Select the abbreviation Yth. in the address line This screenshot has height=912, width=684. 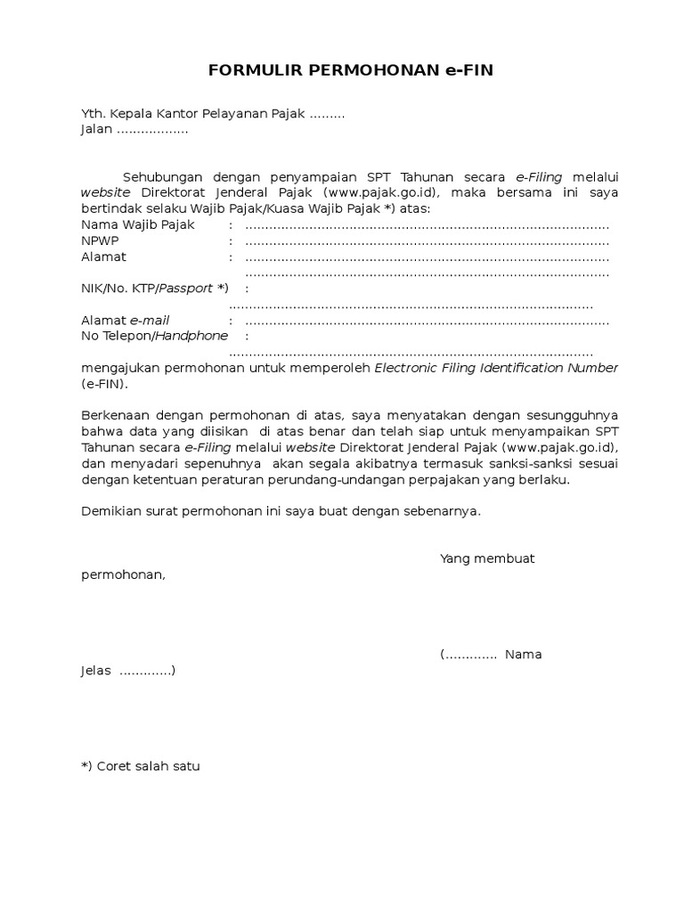pos(94,114)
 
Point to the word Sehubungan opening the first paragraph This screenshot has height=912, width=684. pos(162,177)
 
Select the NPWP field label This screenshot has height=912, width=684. pos(100,240)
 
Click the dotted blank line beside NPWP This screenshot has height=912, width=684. pos(427,241)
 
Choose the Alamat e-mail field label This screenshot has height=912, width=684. pos(125,320)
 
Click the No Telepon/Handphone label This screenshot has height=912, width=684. pos(154,336)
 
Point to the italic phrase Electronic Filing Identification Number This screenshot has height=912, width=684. pos(496,368)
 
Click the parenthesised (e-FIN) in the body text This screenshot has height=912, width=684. pos(104,384)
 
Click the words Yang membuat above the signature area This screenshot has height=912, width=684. pos(487,558)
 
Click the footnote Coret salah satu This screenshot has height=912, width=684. pos(148,766)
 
